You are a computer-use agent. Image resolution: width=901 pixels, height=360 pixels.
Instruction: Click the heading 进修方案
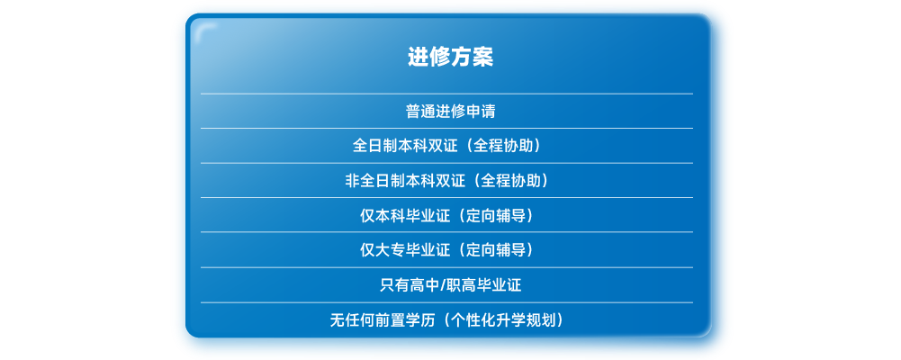(x=450, y=57)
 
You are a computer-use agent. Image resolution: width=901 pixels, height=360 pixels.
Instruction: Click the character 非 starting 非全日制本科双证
(x=353, y=181)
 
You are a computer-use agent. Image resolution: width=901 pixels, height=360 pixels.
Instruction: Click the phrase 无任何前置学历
(x=377, y=319)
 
